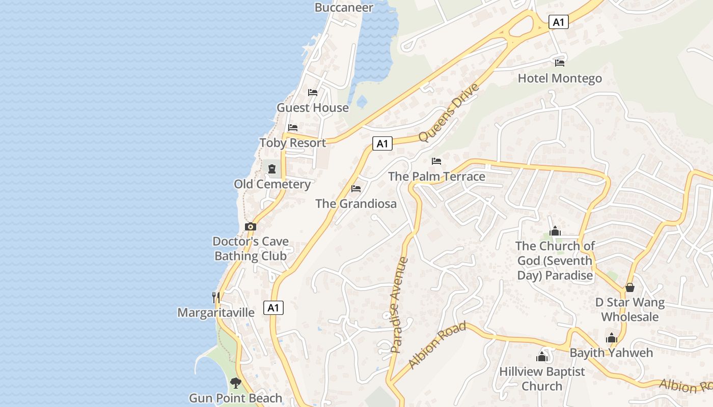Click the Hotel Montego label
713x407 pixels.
560,78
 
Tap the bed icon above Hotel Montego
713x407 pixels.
560,63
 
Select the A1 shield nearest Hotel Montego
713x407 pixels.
559,22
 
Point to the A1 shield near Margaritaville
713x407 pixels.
273,307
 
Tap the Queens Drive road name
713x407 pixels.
449,112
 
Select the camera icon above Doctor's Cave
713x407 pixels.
250,227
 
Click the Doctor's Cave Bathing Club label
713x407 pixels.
251,249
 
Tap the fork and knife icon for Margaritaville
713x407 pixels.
216,297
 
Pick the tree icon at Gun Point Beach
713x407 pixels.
235,383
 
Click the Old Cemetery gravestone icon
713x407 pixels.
272,169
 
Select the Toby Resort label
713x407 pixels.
292,143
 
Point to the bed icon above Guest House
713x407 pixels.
313,93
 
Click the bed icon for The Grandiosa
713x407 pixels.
356,189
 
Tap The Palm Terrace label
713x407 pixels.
436,177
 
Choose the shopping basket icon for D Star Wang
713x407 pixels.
630,287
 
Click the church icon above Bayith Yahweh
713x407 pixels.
612,338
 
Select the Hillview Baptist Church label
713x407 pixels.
542,379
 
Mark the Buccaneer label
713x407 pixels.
344,7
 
